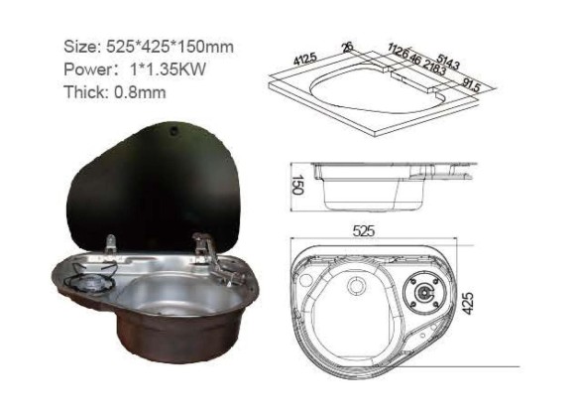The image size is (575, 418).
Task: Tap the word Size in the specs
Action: pos(80,48)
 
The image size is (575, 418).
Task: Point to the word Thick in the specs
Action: pos(87,92)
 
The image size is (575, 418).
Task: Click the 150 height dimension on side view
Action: pos(296,186)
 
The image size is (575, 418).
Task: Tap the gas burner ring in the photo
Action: pos(87,287)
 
